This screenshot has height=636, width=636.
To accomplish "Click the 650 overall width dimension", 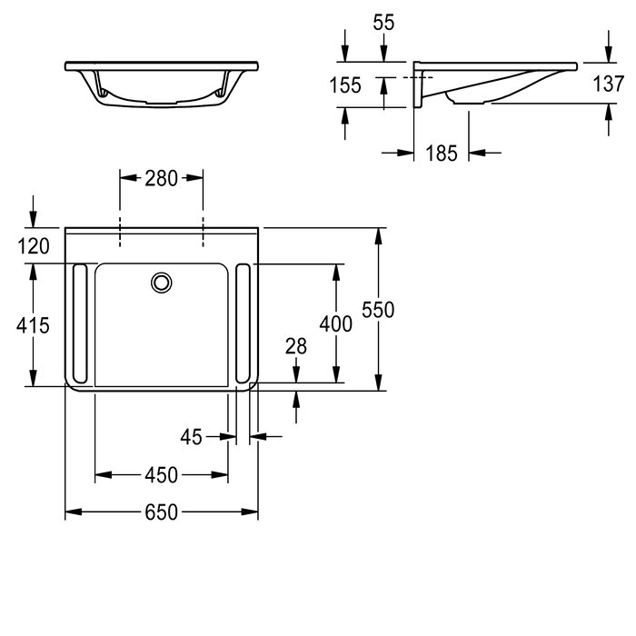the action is [x=161, y=512].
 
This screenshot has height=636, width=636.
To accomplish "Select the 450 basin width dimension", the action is [x=161, y=475].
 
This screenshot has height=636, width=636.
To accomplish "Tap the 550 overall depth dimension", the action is [x=378, y=310].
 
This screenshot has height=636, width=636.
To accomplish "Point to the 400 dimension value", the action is [x=336, y=324].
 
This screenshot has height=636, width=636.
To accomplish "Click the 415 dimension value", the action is [x=33, y=325].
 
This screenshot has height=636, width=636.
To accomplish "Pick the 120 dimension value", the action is [x=34, y=246].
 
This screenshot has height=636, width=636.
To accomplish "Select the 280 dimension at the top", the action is [x=161, y=178].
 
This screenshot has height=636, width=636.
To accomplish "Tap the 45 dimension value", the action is [x=191, y=437].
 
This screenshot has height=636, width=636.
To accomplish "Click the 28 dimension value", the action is [x=296, y=346].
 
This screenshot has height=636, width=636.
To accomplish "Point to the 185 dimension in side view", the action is [x=442, y=154].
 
